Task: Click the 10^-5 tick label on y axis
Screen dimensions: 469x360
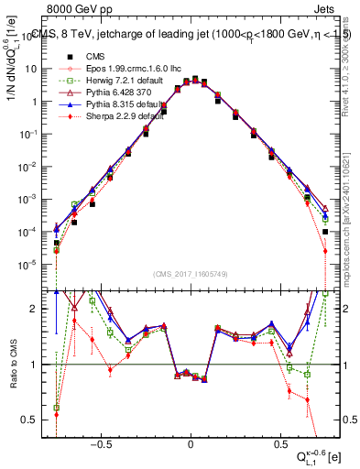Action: coord(29,265)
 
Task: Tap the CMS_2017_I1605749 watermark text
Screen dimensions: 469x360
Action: coord(191,275)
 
